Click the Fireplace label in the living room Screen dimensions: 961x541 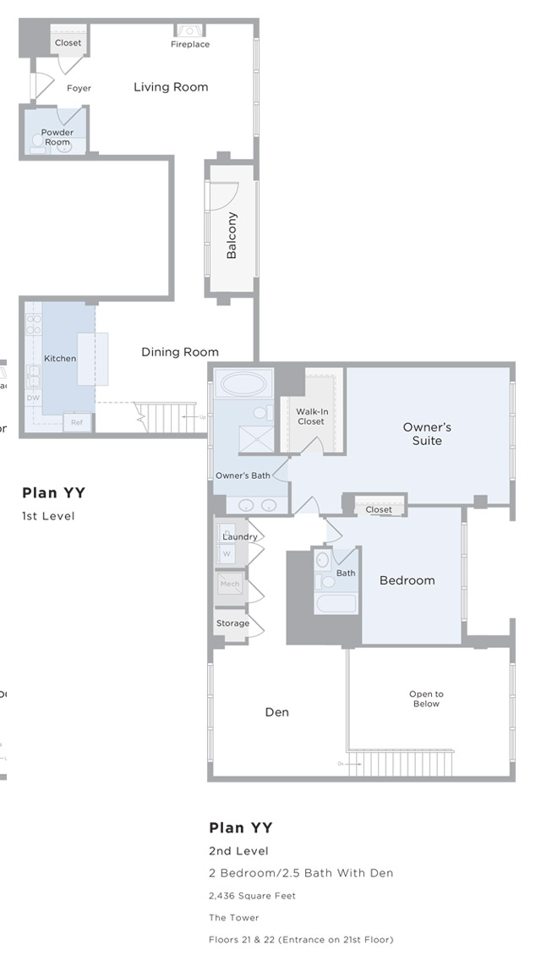pyautogui.click(x=190, y=44)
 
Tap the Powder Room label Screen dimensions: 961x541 pyautogui.click(x=57, y=137)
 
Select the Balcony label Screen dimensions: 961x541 pyautogui.click(x=232, y=235)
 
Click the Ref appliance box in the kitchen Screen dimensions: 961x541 pyautogui.click(x=77, y=422)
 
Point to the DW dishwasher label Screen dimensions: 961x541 pyautogui.click(x=33, y=398)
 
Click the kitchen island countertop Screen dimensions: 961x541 pyautogui.click(x=93, y=359)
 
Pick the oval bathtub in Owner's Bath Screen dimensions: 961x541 pyautogui.click(x=243, y=384)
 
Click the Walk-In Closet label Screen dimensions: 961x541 pyautogui.click(x=311, y=416)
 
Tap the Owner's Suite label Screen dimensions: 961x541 pyautogui.click(x=427, y=434)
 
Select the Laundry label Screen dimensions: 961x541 pyautogui.click(x=240, y=536)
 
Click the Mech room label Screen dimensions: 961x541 pyautogui.click(x=230, y=584)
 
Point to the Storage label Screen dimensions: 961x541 pyautogui.click(x=232, y=623)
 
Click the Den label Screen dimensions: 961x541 pyautogui.click(x=277, y=712)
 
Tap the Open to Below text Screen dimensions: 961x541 pyautogui.click(x=427, y=699)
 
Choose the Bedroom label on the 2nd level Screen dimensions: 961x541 pyautogui.click(x=407, y=580)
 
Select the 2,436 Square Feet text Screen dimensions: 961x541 pyautogui.click(x=252, y=896)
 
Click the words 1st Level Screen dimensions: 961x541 pyautogui.click(x=48, y=516)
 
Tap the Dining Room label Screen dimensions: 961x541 pyautogui.click(x=180, y=352)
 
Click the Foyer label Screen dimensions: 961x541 pyautogui.click(x=79, y=88)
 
